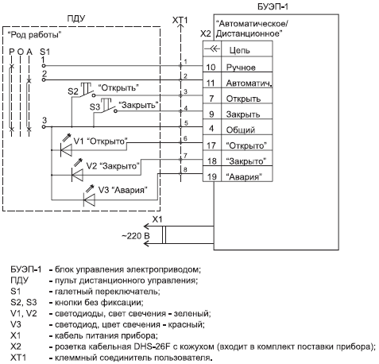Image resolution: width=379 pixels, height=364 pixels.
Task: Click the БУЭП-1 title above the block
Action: point(273,6)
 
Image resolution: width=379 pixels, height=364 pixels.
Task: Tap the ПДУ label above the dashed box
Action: point(76,19)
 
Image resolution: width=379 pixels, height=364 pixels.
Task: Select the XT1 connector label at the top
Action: point(180,20)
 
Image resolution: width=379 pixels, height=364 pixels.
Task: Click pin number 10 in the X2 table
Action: point(211,67)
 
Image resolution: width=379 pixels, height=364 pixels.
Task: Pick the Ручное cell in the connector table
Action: point(241,68)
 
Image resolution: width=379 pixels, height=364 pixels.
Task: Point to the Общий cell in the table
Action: point(241,130)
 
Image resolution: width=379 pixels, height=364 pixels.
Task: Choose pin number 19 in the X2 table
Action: point(211,176)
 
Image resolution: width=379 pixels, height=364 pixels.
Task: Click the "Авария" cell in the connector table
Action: point(244,176)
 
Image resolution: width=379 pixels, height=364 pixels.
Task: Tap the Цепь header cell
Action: point(239,50)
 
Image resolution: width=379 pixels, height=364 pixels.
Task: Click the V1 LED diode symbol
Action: point(66,150)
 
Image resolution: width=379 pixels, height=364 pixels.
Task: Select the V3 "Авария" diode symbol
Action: point(89,199)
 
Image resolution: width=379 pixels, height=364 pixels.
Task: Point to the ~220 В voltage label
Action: point(136,236)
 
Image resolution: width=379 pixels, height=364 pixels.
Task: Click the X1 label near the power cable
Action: point(157,219)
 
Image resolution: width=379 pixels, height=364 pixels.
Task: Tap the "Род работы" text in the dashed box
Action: point(35,35)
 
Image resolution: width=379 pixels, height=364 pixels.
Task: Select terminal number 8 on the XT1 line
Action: point(185,169)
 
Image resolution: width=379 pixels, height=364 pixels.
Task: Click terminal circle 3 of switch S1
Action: point(44,127)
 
